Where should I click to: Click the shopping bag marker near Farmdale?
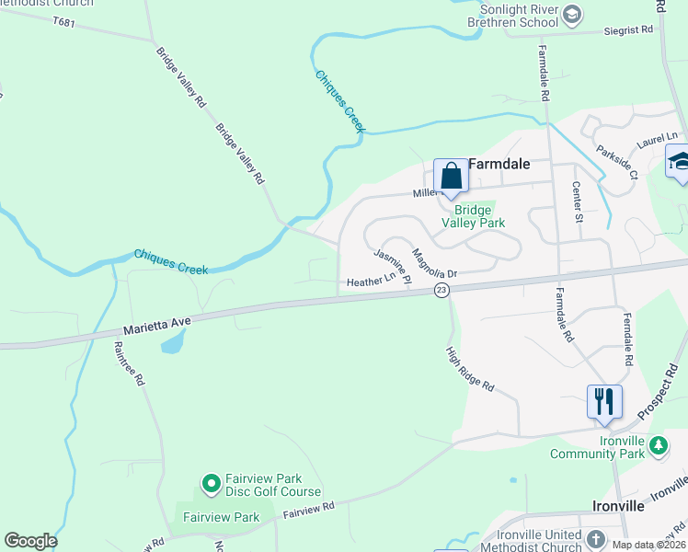[x=451, y=177]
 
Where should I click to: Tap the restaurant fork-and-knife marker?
[x=604, y=401]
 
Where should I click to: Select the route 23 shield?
[x=441, y=290]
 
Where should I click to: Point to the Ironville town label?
[x=618, y=506]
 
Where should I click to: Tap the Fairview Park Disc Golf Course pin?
[x=211, y=482]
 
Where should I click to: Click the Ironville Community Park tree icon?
[x=658, y=445]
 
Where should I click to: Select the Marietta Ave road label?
[x=156, y=322]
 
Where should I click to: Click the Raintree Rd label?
[x=129, y=364]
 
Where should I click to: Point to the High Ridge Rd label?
[x=470, y=369]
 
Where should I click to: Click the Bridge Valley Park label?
[x=473, y=216]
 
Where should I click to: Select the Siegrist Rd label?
[x=628, y=29]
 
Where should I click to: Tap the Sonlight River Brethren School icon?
[x=572, y=13]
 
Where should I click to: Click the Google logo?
[x=30, y=541]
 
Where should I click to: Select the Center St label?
[x=577, y=201]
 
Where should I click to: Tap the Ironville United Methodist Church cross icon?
[x=595, y=538]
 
